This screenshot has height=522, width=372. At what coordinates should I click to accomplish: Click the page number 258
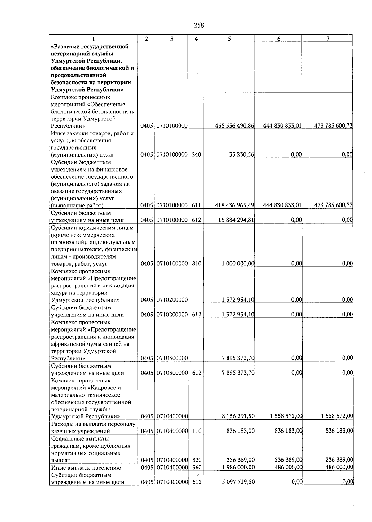[199, 25]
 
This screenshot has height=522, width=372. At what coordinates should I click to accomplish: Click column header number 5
[229, 38]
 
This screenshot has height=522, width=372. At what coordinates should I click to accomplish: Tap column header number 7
[328, 38]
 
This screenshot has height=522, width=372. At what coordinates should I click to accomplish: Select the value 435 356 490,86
[235, 126]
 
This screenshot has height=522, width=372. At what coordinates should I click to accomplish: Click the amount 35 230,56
[241, 154]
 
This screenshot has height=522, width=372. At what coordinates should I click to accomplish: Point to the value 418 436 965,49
[235, 205]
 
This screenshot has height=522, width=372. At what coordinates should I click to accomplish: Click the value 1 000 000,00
[238, 263]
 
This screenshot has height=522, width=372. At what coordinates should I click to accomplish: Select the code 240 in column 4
[196, 154]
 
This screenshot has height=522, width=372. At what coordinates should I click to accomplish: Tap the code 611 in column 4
[196, 205]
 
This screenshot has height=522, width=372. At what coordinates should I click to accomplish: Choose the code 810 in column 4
[196, 263]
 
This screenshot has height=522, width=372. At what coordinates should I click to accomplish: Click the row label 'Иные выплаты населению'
[86, 468]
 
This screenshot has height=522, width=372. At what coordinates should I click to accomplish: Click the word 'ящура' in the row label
[59, 293]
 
